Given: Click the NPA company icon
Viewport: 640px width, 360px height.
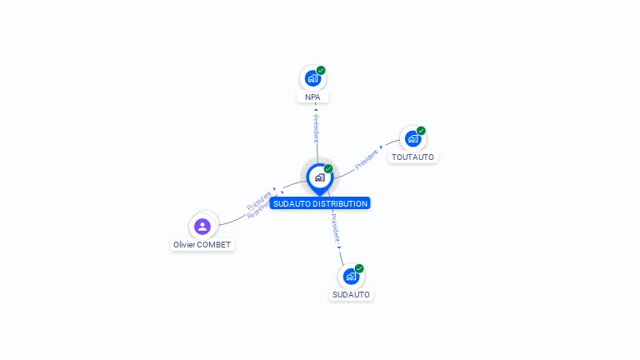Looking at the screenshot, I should point(312,78).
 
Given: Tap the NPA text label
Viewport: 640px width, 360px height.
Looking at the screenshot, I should point(312,97).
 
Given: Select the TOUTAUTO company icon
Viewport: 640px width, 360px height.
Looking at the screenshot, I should point(412,138).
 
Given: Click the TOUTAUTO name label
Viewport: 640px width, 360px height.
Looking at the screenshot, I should point(412,157).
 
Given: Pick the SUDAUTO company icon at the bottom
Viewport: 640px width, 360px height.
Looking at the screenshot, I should point(351,277).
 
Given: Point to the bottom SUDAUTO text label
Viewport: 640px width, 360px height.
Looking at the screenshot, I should point(351,294).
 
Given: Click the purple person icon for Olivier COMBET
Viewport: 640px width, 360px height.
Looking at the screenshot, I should point(202,226).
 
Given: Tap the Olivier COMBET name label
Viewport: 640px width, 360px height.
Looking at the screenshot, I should point(202,245).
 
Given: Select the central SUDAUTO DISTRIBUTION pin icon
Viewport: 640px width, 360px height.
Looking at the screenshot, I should point(319,177).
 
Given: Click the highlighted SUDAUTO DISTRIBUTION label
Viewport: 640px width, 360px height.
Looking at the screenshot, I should point(319,203).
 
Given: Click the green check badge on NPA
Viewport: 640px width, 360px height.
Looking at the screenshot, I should point(321,71).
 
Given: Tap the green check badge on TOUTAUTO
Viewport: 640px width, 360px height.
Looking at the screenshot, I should point(421,131).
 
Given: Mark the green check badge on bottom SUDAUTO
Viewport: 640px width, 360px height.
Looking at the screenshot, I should point(359,268).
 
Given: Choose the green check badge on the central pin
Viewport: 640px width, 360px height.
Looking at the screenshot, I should point(328,168).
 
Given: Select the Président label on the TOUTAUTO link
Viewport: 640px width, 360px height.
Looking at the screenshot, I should point(367,159).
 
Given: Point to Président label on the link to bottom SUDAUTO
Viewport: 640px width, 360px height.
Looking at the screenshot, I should point(335,229).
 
